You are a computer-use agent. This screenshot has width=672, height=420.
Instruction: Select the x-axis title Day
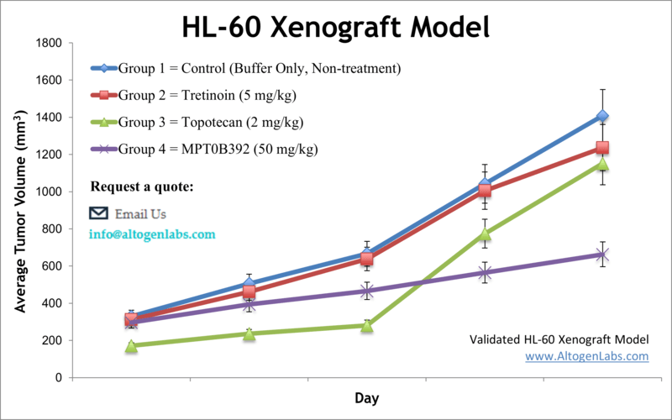[365, 396]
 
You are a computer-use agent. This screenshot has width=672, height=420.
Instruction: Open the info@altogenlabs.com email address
[152, 234]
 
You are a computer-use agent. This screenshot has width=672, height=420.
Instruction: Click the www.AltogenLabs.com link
[586, 356]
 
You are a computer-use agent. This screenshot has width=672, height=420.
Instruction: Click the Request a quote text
[142, 186]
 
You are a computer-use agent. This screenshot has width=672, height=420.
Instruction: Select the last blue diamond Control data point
[602, 116]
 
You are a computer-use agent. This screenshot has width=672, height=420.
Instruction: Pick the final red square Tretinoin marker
[602, 148]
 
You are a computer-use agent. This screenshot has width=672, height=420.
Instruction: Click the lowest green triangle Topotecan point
[131, 346]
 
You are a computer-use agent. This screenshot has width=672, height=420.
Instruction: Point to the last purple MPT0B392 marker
[602, 255]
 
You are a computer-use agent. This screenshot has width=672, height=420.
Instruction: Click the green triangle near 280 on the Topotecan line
[367, 326]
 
